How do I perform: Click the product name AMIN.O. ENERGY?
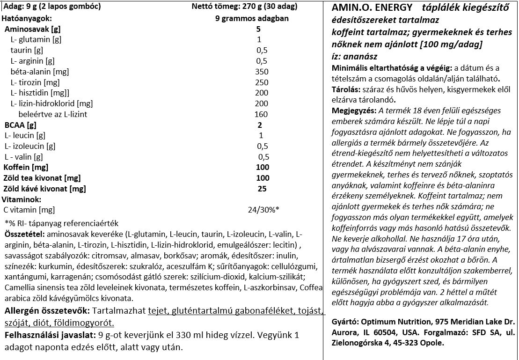tap(372, 7)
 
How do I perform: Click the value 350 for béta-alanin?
tap(262, 72)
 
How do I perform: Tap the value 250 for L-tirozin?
tap(262, 82)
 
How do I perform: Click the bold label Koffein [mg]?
tap(26, 167)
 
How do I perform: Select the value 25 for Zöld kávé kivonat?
tap(262, 189)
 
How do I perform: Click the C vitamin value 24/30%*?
tap(263, 210)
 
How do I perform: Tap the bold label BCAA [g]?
tap(20, 125)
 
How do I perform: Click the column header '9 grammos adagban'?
tap(252, 19)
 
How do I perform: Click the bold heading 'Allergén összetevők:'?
tap(47, 311)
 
